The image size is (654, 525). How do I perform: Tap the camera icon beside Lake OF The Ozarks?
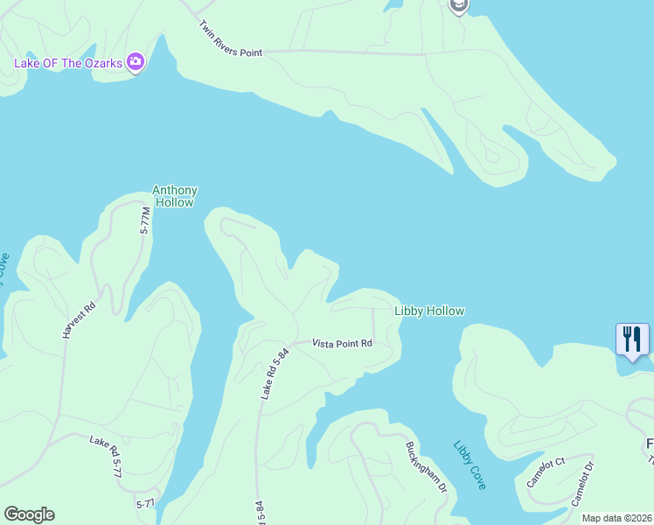coord(136,62)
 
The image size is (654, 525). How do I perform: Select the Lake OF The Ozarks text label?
coord(67,63)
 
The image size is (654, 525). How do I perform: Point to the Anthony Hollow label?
coord(175,196)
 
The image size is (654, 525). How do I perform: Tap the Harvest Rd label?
coord(78,321)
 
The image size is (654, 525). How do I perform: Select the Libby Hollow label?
coord(428,311)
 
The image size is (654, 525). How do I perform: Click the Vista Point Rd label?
coord(343,344)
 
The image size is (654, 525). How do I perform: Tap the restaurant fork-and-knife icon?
coord(632,339)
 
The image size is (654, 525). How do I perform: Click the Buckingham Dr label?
coord(426,465)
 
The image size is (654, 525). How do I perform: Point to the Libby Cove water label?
coord(470,464)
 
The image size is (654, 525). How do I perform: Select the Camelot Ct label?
coord(546,472)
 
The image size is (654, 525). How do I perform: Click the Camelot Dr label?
coord(582,482)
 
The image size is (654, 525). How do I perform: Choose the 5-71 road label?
coord(145,505)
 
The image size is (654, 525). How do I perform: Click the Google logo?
coord(29,514)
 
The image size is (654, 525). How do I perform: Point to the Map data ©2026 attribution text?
coord(616,518)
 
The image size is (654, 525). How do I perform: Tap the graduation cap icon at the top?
coord(458,6)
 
